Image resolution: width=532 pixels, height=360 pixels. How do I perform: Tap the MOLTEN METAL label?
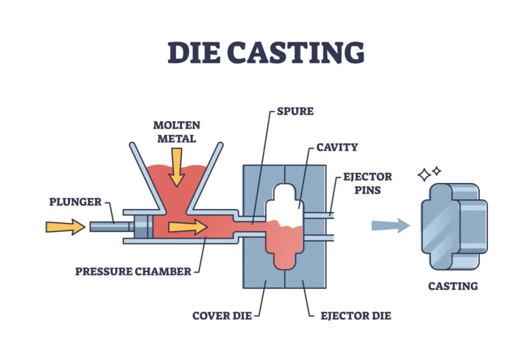coord(177,132)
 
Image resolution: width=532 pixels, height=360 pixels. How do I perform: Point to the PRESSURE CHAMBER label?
coord(133,271)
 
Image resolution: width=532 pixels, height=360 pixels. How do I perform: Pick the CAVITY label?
coord(337,147)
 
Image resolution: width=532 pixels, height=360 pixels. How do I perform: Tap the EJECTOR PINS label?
coord(367,183)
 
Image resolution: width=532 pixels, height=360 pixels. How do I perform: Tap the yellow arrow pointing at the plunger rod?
coord(65,226)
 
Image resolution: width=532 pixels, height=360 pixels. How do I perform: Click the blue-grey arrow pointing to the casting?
coord(390,225)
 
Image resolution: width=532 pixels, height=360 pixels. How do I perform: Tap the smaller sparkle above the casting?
coord(437,170)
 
